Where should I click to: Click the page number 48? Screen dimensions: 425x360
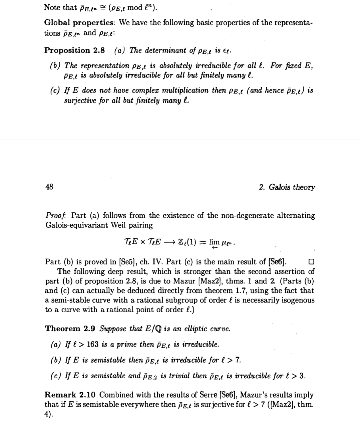tap(49, 187)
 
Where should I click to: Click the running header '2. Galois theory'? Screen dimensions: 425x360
tap(287, 187)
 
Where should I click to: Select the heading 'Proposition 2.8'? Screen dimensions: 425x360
tap(74, 51)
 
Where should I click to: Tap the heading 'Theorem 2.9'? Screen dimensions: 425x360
tap(70, 329)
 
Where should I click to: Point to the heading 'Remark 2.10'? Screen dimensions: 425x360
tap(70, 395)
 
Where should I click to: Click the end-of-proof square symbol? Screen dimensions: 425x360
tap(312, 261)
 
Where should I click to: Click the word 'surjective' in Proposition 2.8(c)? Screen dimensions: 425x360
tap(80, 100)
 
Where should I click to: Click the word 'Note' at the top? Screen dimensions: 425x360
tap(52, 7)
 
